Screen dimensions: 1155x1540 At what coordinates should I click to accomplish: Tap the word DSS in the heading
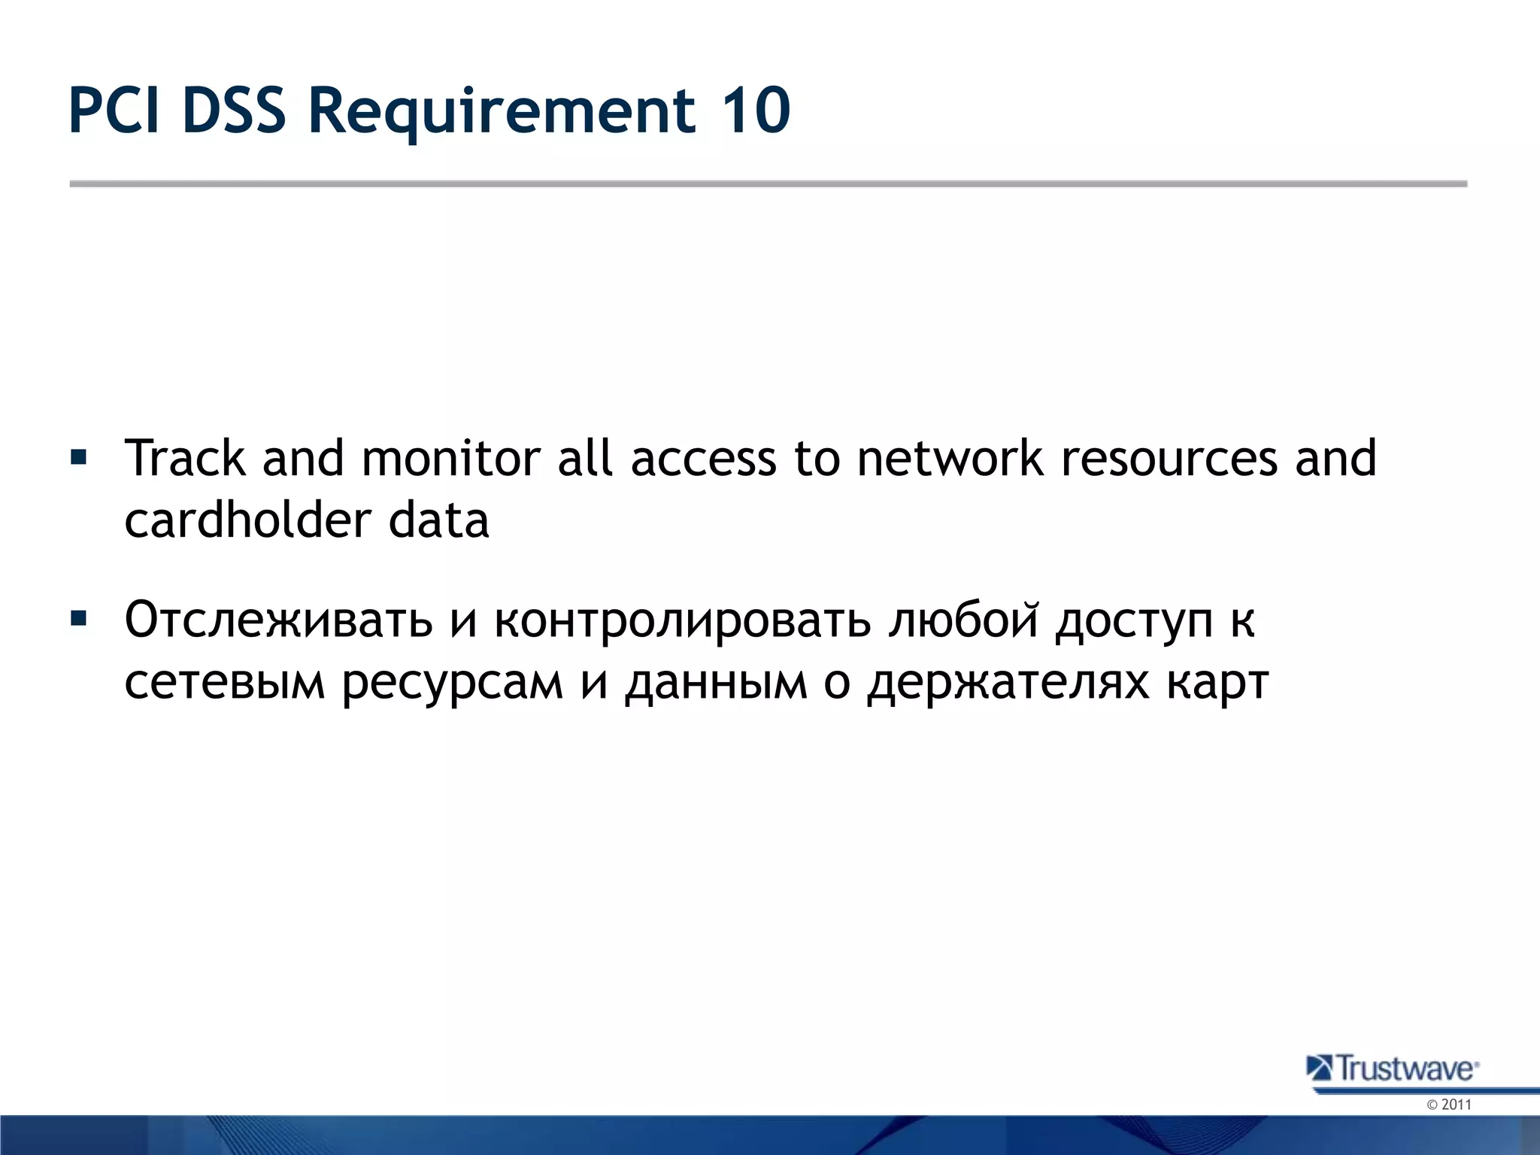[x=234, y=111]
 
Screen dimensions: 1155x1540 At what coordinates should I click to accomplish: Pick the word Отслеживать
[x=279, y=620]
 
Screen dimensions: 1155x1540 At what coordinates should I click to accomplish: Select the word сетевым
[x=225, y=682]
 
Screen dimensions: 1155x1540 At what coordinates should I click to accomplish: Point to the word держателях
[x=1008, y=682]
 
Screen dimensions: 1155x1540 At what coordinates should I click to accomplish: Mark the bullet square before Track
[x=78, y=457]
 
